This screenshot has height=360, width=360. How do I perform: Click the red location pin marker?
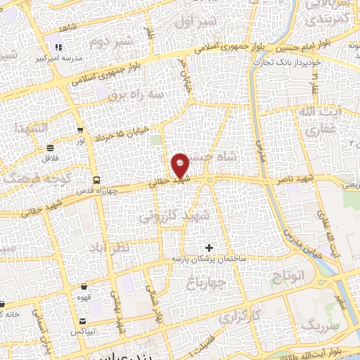[x=181, y=165]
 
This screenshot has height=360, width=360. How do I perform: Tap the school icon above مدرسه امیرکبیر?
[x=58, y=48]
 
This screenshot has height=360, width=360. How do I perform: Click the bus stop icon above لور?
[x=81, y=130]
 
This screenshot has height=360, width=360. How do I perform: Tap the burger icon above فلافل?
[x=50, y=148]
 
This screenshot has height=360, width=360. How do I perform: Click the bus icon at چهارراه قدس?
[x=96, y=179]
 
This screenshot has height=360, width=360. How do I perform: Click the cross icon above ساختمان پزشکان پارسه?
[x=209, y=247]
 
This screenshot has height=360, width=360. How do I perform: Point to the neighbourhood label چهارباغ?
[x=209, y=283]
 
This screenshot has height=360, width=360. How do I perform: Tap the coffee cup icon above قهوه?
[x=84, y=287]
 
